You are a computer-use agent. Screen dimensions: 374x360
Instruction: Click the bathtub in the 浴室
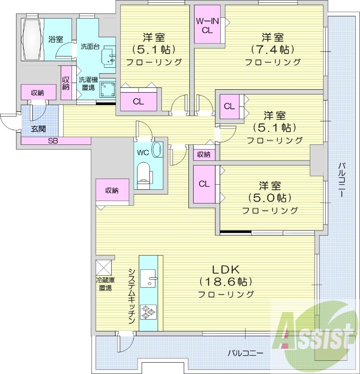(x=31, y=39)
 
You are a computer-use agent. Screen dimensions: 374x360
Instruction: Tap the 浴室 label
(x=56, y=39)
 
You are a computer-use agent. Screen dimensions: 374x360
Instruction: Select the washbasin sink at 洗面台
(x=110, y=57)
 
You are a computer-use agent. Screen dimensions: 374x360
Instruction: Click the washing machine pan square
(x=108, y=88)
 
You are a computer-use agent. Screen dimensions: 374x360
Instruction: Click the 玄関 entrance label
(x=38, y=129)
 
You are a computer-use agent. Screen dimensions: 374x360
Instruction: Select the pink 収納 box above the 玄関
(x=38, y=93)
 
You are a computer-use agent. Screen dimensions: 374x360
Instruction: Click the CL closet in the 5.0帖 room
(x=204, y=184)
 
